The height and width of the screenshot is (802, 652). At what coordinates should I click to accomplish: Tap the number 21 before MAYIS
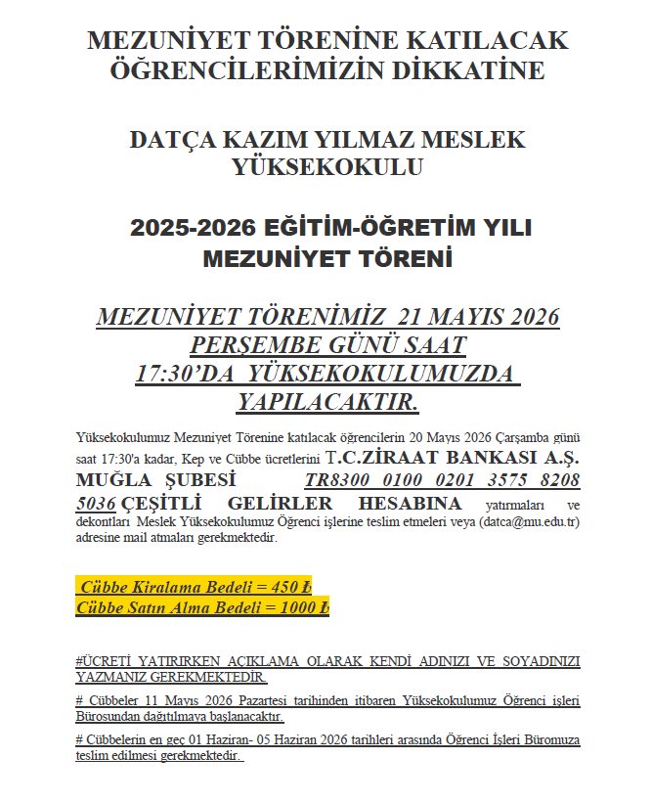400,318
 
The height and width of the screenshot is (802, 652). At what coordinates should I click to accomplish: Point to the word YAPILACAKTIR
327,402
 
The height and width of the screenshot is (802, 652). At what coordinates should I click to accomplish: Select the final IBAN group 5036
95,504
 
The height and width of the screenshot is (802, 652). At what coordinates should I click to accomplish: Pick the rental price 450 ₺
290,587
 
